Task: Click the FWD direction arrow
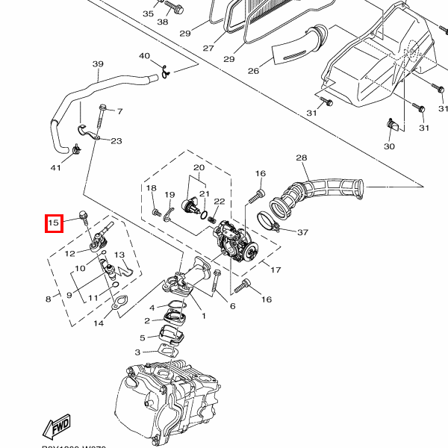(60, 427)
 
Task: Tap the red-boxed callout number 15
(54, 223)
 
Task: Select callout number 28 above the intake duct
(302, 158)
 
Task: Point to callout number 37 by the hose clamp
(302, 232)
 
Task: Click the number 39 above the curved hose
(98, 64)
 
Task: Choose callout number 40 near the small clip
(144, 56)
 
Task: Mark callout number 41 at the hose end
(55, 167)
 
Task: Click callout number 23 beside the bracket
(116, 140)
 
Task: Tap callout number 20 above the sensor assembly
(199, 167)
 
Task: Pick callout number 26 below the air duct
(253, 71)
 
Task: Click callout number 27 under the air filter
(208, 48)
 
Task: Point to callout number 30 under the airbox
(389, 146)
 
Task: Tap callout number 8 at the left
(49, 299)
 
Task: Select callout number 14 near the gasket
(99, 323)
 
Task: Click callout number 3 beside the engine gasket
(137, 352)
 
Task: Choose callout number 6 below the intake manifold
(232, 306)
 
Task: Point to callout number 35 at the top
(148, 13)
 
